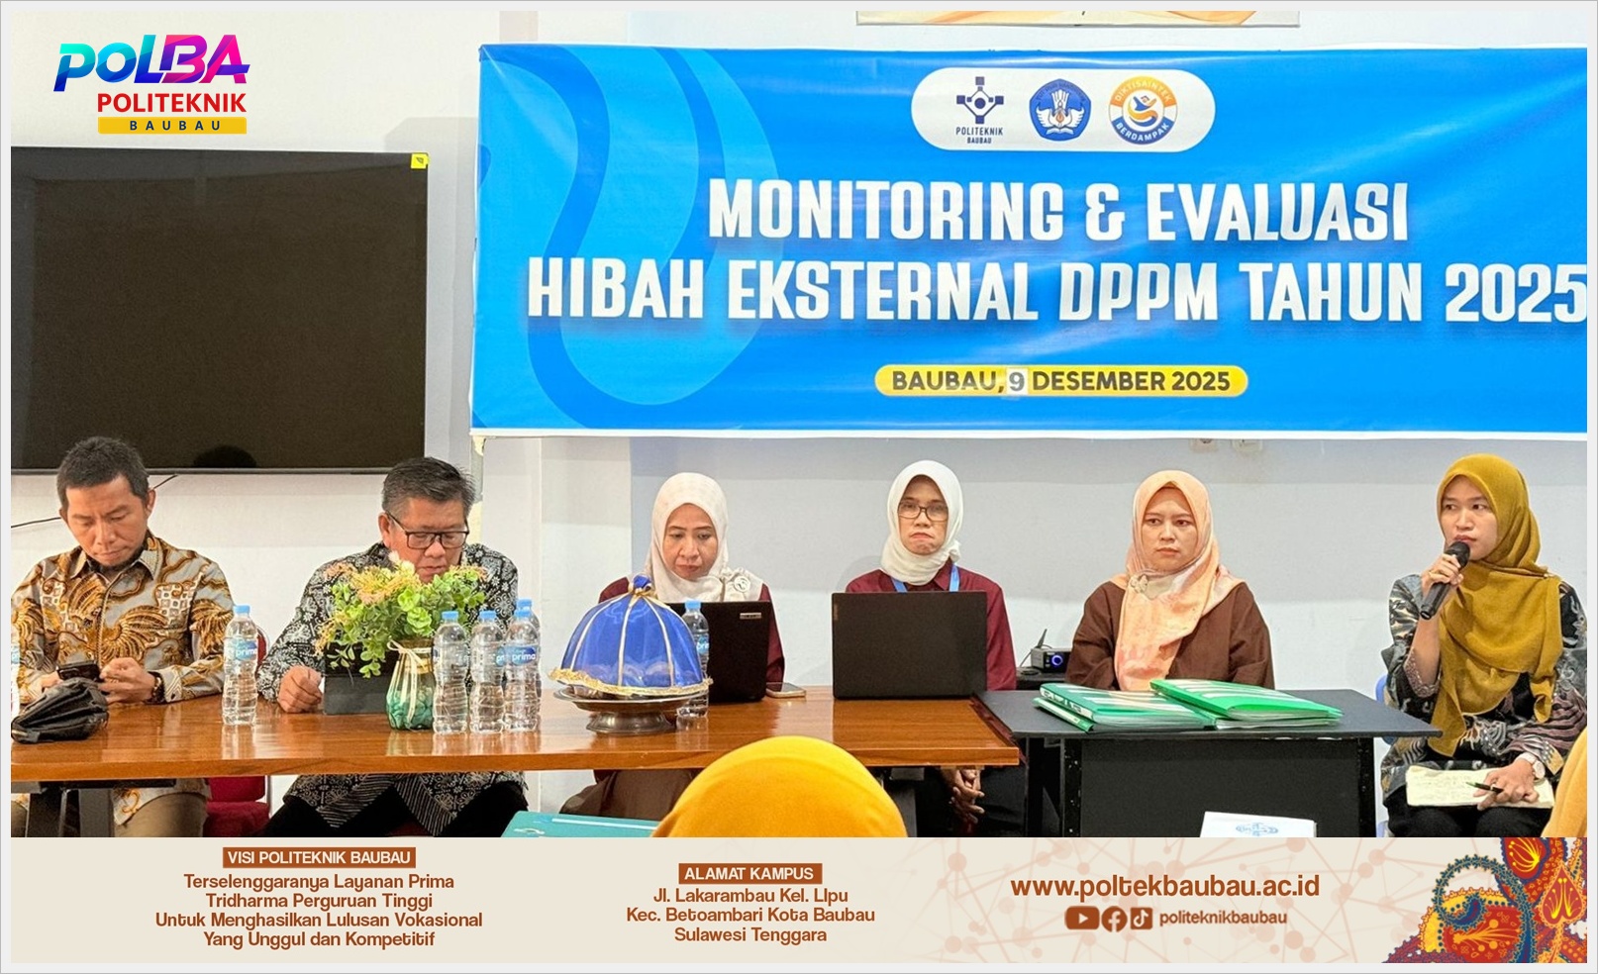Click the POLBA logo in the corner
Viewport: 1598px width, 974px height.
151,83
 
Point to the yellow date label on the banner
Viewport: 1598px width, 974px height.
1060,381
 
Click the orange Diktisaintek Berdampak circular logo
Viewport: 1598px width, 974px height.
1143,111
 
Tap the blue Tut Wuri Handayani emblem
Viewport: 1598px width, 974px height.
1059,110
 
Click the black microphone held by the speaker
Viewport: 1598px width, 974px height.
1444,579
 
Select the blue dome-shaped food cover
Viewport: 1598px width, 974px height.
632,638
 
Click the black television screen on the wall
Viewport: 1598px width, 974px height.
219,310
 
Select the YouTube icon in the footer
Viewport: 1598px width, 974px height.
1081,918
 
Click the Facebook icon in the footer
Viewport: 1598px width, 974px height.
1114,919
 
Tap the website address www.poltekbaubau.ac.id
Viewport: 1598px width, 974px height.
1164,886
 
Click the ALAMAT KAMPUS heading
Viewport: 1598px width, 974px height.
749,873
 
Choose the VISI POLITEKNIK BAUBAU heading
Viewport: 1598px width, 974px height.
319,857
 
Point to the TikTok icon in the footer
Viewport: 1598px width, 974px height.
1141,918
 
